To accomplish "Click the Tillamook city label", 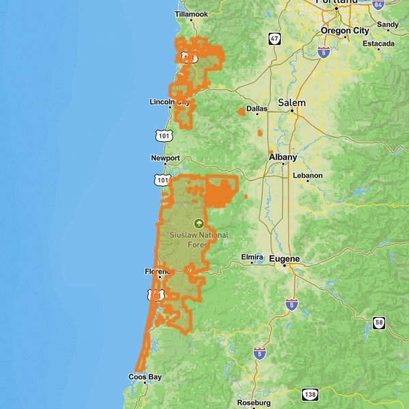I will click(x=191, y=14).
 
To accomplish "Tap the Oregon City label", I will click(x=345, y=31).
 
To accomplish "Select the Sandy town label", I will click(x=388, y=25).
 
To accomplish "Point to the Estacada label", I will click(x=378, y=44).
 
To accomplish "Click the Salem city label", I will click(x=292, y=102).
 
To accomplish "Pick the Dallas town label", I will click(x=257, y=108).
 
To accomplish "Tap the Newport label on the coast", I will click(x=166, y=158).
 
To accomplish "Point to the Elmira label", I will click(x=252, y=257).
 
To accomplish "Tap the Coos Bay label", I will click(x=145, y=377).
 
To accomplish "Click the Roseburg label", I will click(x=254, y=403).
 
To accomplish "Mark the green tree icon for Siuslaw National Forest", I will click(x=199, y=222).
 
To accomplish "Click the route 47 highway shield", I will click(x=274, y=39).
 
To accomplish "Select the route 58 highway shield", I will click(x=378, y=322).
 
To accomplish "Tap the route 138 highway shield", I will click(x=310, y=395).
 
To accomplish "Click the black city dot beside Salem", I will click(x=292, y=110).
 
